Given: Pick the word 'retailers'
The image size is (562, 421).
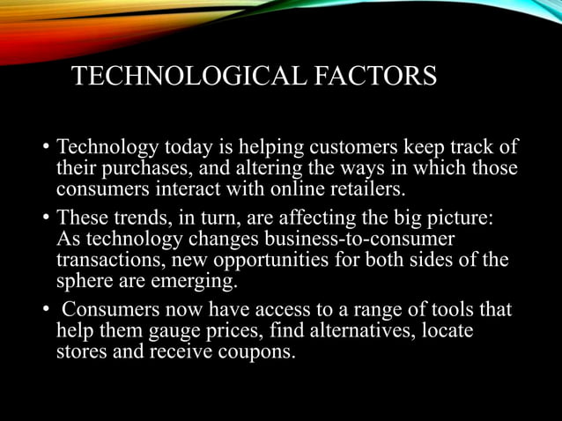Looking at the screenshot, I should [x=364, y=189].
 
